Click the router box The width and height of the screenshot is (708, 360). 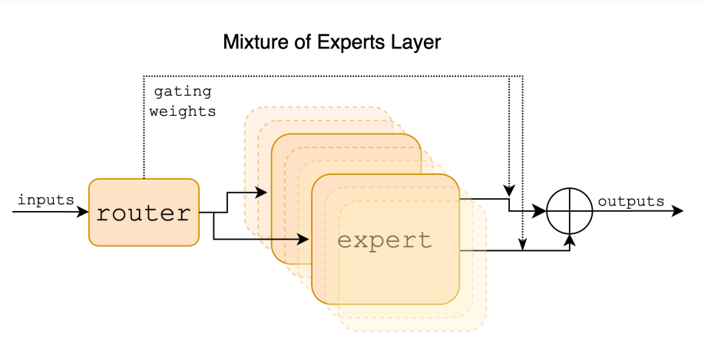click(x=144, y=213)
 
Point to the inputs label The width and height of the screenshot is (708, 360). click(x=45, y=200)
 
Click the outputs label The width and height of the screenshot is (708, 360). click(x=630, y=201)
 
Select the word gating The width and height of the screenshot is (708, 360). click(x=183, y=91)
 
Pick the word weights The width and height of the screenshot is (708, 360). click(x=183, y=111)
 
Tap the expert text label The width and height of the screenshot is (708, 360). click(x=385, y=240)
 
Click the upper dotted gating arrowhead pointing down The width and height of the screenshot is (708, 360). click(x=508, y=190)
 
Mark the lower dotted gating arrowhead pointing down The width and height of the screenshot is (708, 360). click(x=522, y=245)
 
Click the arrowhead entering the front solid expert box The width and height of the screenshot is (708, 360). click(x=305, y=239)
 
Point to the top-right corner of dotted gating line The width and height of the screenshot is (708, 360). click(x=522, y=76)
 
